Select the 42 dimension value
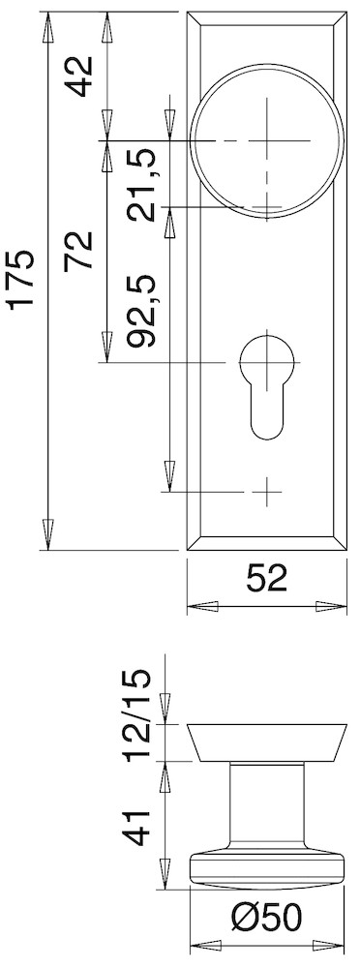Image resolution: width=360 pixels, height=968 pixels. (x=79, y=76)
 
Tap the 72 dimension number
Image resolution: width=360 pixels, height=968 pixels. (x=79, y=251)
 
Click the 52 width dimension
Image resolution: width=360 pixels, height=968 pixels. (x=267, y=579)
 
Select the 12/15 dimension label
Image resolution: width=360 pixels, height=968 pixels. (x=137, y=715)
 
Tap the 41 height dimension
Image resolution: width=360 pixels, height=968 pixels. (x=137, y=828)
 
